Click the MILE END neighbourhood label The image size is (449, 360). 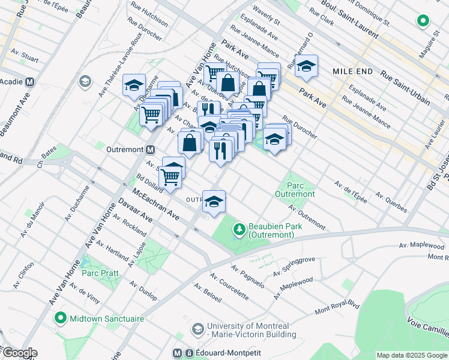point(353,71)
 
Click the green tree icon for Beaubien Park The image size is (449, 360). point(240,229)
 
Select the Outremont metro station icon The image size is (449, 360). point(151,149)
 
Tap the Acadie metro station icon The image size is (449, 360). point(29,82)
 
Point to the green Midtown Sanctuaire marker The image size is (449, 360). point(60,318)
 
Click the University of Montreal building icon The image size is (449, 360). point(197,329)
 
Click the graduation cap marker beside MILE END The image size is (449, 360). point(306,66)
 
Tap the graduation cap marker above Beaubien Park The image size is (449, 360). point(214,202)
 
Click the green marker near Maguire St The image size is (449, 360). point(423,22)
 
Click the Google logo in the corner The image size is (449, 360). point(19,353)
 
